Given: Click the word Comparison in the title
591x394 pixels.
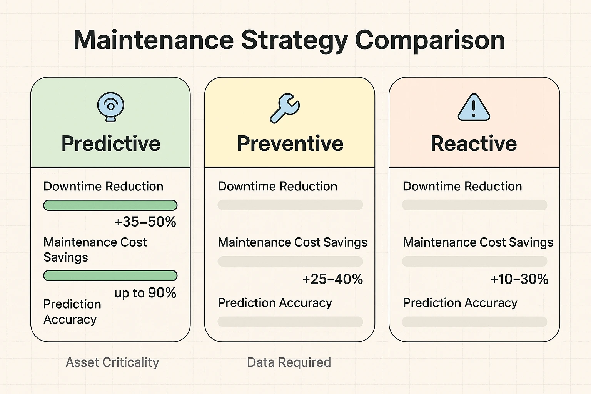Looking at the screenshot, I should pos(429,40).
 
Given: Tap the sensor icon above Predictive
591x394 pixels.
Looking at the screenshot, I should pos(111,107).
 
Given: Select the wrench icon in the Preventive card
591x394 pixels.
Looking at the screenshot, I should pos(285,108).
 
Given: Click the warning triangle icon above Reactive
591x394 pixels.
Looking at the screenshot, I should pos(474,108).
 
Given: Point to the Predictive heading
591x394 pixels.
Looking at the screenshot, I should pos(111,144).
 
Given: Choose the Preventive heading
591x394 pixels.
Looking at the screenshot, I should pos(290,144).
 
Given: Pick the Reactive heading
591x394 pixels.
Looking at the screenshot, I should pos(474,144).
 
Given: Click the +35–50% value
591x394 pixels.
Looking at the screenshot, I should pos(145,222).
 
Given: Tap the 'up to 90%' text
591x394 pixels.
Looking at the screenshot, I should pos(145,293).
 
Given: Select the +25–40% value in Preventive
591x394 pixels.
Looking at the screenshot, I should pos(333,279).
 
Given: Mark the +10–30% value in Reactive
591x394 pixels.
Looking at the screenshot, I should pos(519,279).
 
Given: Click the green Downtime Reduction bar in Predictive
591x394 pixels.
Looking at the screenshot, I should pos(110,205).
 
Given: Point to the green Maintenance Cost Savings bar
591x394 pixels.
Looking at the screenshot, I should pos(110,276).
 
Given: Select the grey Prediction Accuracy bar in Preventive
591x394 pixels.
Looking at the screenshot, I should pos(290,322).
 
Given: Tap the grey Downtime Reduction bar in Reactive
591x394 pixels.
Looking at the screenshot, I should pos(474,205).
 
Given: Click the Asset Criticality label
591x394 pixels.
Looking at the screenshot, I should pos(112,362).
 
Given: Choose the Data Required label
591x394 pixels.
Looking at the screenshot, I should pos(289,362).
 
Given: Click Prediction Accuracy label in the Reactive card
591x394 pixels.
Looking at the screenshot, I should pos(460,303).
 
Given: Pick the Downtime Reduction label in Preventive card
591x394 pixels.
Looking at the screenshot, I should pos(277,187).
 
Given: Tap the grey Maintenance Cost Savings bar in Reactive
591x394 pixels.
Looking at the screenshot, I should pos(474,262).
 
